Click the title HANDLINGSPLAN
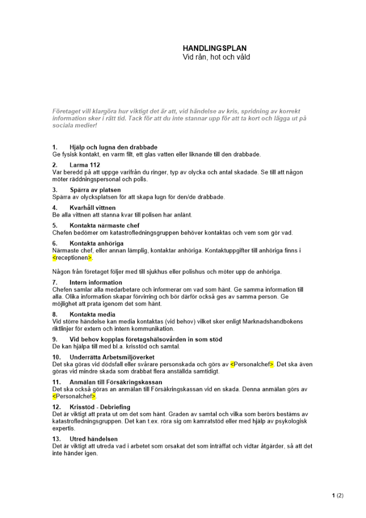214,48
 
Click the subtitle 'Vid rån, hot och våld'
216,57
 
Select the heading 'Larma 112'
85,165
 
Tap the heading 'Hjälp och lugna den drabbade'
113,147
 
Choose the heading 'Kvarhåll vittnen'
92,208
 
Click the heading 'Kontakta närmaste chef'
104,225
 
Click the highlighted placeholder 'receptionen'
72,257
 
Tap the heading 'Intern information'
96,282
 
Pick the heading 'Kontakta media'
92,314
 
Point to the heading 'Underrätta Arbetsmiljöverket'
112,357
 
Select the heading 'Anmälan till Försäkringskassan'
116,382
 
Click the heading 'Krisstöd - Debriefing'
100,407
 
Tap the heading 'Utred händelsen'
93,439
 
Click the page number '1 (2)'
338,495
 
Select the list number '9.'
55,339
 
